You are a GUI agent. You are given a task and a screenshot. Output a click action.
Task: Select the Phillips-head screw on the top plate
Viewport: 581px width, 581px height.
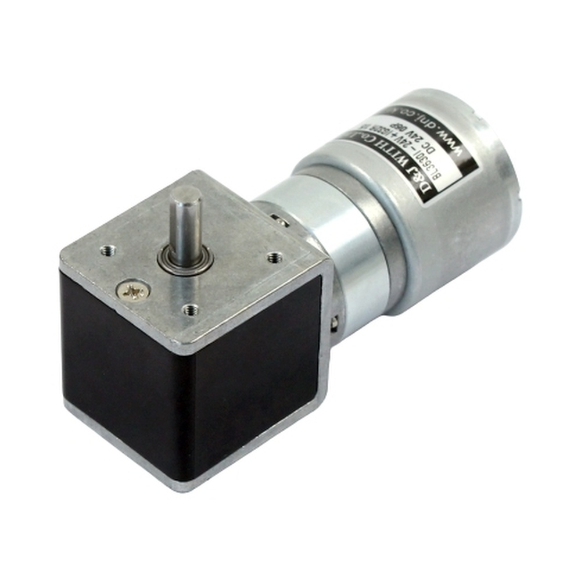tap(134, 290)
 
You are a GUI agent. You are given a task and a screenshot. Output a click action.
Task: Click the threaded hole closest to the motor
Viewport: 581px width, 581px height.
tap(272, 257)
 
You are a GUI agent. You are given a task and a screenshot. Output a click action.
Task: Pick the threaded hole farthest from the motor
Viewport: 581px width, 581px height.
tap(107, 250)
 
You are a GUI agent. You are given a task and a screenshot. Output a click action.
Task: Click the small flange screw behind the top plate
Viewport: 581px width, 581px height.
tap(280, 219)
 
